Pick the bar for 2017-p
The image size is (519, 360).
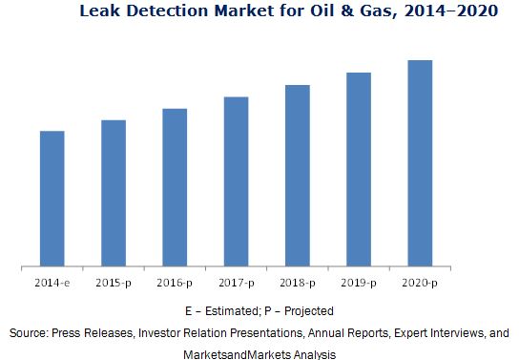[236, 180]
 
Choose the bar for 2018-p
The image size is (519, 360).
[298, 175]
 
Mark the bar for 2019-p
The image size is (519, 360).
[359, 168]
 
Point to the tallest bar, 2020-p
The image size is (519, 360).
[420, 162]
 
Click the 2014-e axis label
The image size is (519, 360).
[52, 283]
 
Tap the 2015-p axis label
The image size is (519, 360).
[114, 283]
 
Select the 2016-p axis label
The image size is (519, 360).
[175, 283]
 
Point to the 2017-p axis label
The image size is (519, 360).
[236, 283]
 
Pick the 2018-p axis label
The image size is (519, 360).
[298, 283]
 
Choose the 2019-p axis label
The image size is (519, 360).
[359, 283]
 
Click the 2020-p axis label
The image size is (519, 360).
[420, 283]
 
